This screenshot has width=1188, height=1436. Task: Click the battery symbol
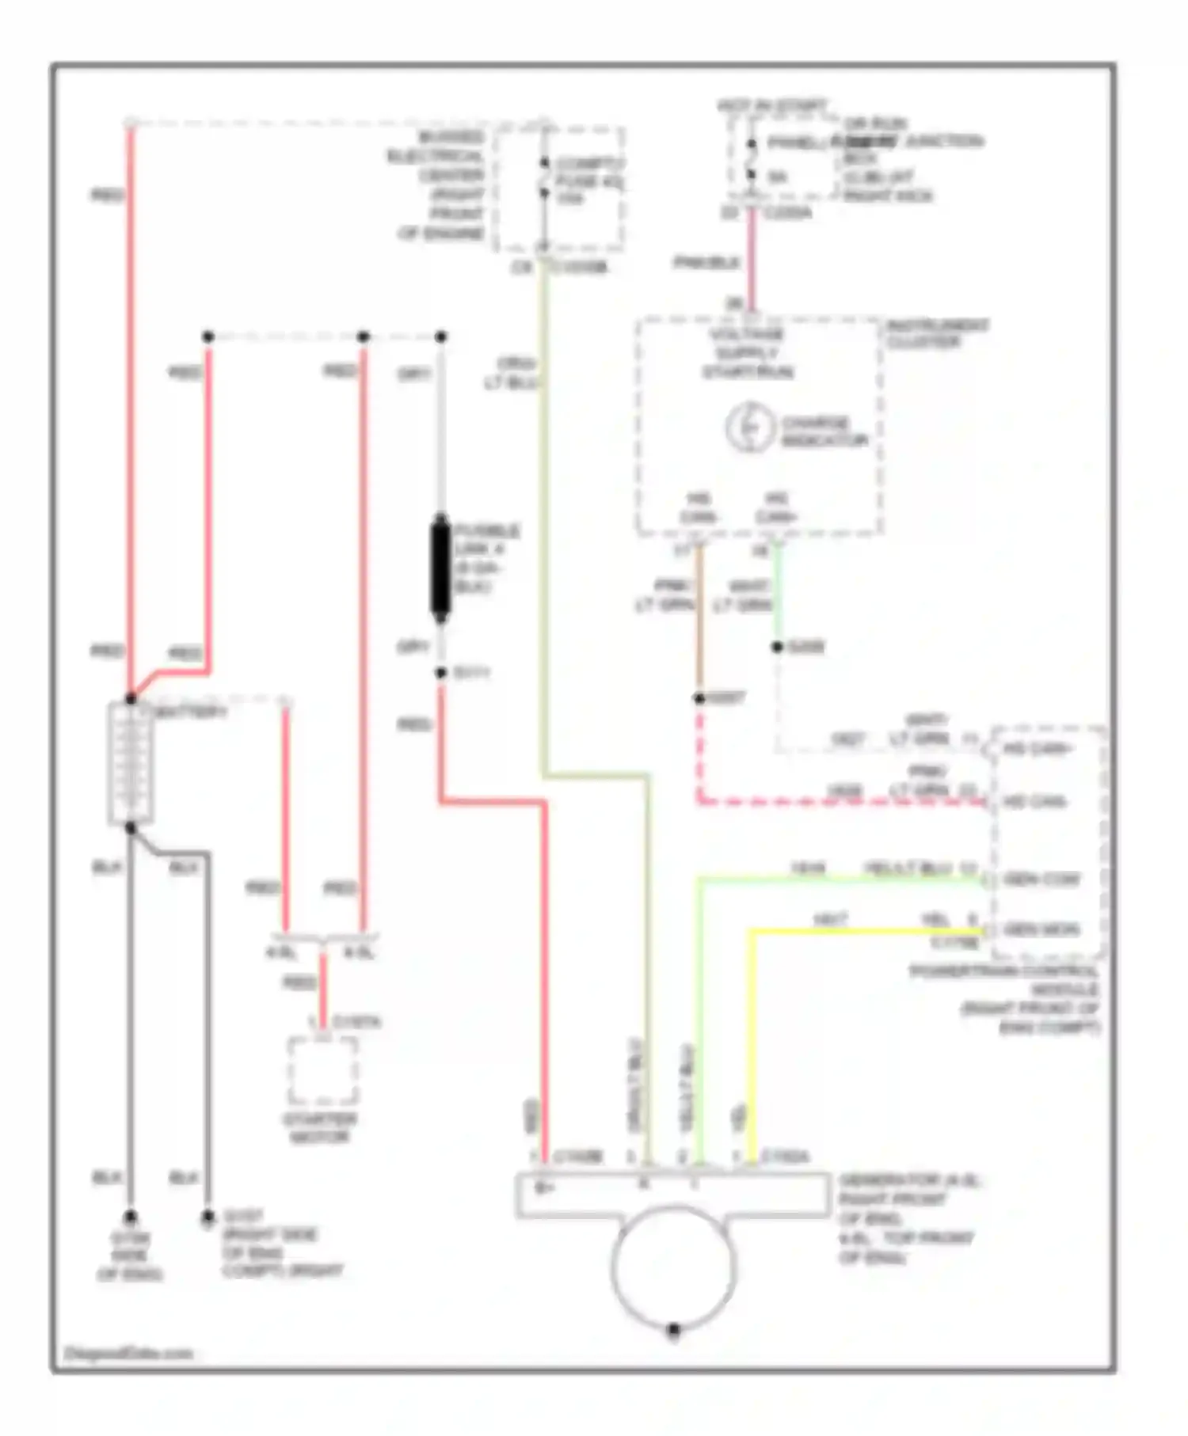click(x=130, y=764)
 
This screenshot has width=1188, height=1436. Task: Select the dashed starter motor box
click(x=322, y=1070)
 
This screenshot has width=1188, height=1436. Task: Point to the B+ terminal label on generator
click(x=543, y=1187)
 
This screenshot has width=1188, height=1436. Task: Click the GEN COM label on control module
click(x=1041, y=879)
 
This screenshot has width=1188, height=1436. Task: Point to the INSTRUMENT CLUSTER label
click(x=937, y=333)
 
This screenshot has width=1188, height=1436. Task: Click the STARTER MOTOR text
click(x=320, y=1128)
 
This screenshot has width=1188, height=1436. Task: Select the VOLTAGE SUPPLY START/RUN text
click(x=748, y=353)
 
